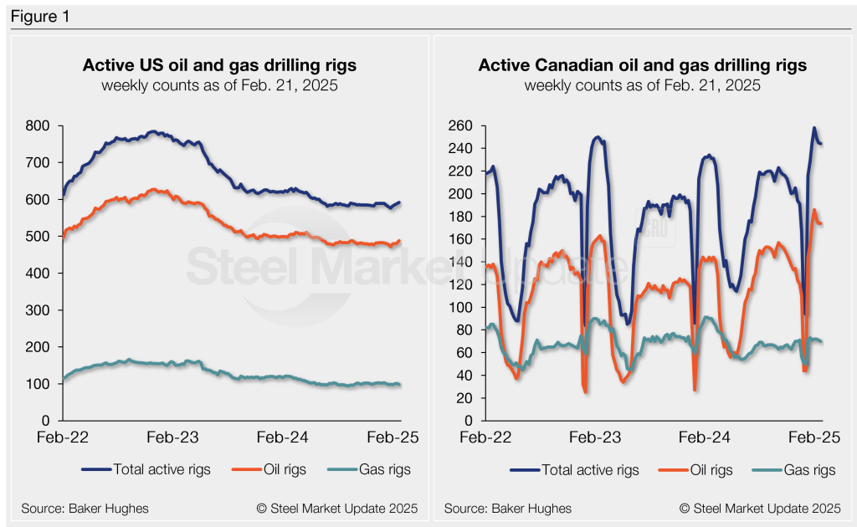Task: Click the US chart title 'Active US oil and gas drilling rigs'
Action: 219,65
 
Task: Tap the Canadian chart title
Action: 642,65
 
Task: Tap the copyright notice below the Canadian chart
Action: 760,508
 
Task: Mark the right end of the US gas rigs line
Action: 399,385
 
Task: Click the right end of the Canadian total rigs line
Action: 821,144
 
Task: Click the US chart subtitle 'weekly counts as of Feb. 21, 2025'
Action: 219,85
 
